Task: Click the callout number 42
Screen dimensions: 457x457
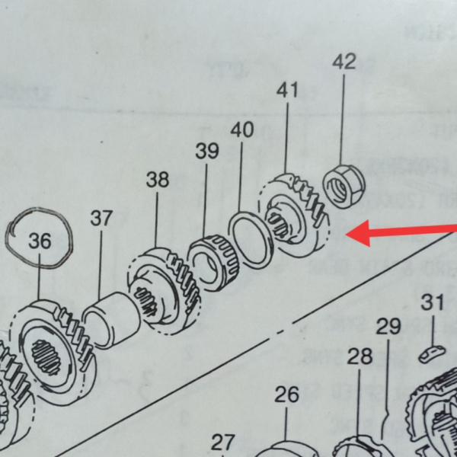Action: (x=344, y=62)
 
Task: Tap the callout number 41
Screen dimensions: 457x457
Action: (x=287, y=91)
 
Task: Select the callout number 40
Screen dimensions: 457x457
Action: (x=241, y=129)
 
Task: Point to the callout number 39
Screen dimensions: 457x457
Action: (x=206, y=151)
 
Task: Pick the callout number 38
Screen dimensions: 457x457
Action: (x=158, y=181)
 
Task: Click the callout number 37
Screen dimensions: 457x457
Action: (x=101, y=218)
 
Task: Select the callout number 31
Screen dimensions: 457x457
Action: (x=433, y=302)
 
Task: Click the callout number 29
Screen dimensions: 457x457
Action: (x=388, y=327)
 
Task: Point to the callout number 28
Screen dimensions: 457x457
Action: (x=360, y=356)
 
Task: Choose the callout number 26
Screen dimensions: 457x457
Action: (x=286, y=394)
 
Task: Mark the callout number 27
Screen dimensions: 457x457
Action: (x=223, y=442)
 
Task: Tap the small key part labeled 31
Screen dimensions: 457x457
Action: (x=431, y=354)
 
